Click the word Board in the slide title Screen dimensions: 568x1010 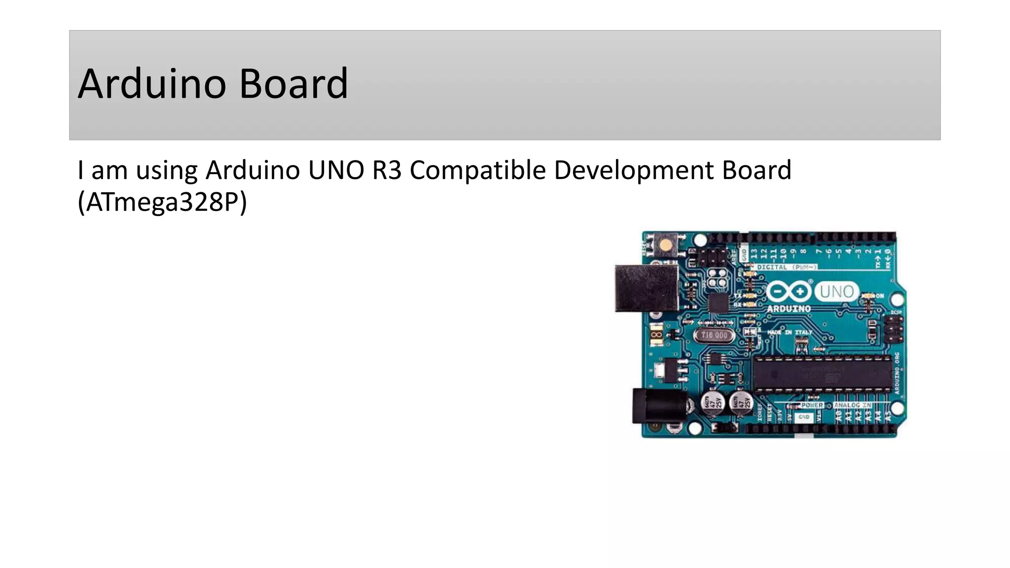293,84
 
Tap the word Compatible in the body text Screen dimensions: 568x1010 478,171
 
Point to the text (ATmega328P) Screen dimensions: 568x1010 162,202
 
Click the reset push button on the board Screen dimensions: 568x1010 665,245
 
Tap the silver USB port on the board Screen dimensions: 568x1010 646,288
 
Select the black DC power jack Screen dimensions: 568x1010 659,406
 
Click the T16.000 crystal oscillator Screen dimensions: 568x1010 714,335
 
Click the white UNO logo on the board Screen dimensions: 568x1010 836,291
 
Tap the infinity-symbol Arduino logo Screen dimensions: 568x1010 789,291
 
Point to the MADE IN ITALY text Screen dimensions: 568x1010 790,332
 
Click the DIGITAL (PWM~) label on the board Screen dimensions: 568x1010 787,267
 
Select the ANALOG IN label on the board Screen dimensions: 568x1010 853,405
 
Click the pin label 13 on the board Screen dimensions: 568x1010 754,254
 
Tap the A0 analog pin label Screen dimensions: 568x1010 838,417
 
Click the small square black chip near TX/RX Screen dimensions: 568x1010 718,303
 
